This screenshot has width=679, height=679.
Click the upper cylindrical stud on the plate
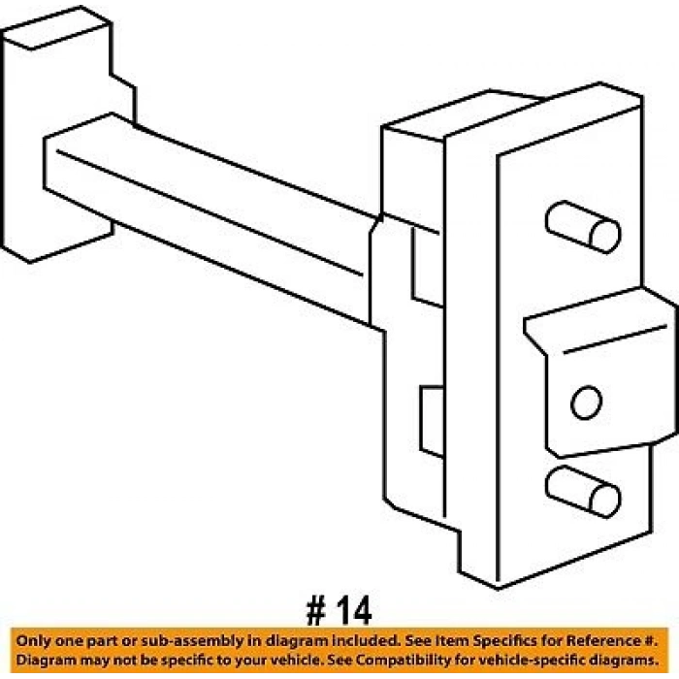pyautogui.click(x=583, y=227)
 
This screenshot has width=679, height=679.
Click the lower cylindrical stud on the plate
pyautogui.click(x=583, y=492)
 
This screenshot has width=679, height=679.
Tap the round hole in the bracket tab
pyautogui.click(x=586, y=403)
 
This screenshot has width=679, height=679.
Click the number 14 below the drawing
pyautogui.click(x=354, y=610)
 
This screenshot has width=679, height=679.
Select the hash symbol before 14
pyautogui.click(x=315, y=610)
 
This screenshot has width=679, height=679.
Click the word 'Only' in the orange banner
pyautogui.click(x=33, y=641)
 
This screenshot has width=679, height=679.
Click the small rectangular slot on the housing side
pyautogui.click(x=432, y=421)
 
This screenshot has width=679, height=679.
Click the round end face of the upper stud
pyautogui.click(x=605, y=236)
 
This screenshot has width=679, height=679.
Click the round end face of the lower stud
pyautogui.click(x=605, y=501)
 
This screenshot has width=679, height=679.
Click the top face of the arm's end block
pyautogui.click(x=55, y=27)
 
